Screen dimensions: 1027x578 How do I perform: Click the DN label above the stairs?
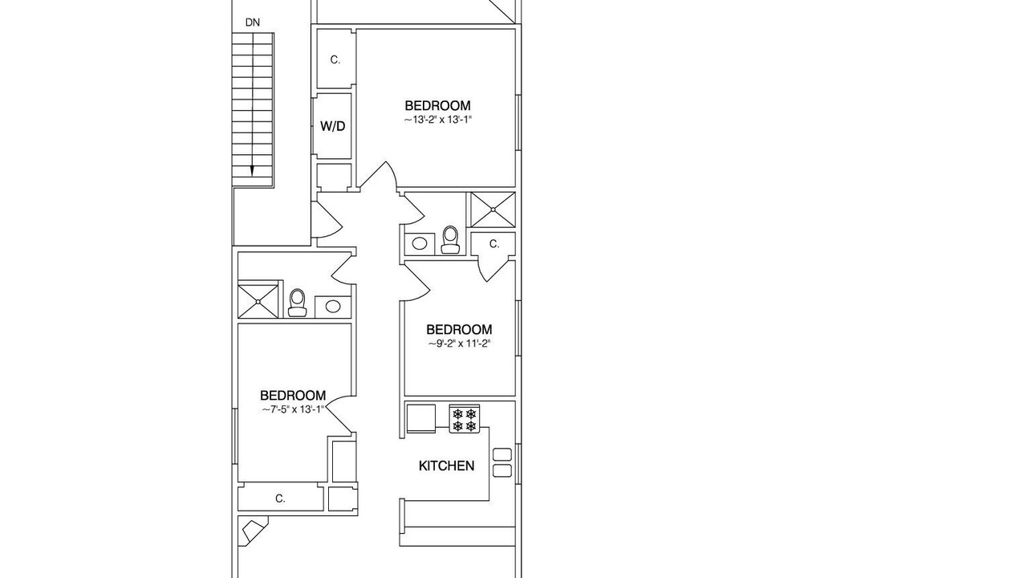(x=253, y=22)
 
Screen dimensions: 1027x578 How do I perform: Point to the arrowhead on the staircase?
(x=252, y=171)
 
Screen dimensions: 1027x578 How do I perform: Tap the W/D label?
(x=332, y=126)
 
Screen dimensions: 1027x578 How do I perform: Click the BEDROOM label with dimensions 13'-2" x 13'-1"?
(x=437, y=105)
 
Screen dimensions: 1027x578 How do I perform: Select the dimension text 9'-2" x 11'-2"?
(x=460, y=344)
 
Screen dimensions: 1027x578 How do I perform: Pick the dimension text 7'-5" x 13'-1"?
(x=293, y=409)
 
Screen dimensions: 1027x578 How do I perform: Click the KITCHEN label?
(x=447, y=466)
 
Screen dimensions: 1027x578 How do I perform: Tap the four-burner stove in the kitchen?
(x=465, y=419)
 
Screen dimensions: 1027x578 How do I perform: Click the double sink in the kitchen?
(x=502, y=462)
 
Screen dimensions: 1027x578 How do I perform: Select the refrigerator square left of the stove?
(x=421, y=418)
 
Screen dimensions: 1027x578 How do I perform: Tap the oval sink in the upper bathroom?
(x=420, y=243)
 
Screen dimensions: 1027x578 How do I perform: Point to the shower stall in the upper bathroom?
(x=493, y=210)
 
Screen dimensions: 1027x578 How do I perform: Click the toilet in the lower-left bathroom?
(x=297, y=303)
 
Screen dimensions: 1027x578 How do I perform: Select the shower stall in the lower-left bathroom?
(x=258, y=301)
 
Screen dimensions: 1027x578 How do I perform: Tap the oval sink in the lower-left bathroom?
(x=332, y=307)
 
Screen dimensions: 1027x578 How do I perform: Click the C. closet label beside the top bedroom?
(x=335, y=59)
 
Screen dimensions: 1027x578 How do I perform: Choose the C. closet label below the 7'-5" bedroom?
(x=280, y=499)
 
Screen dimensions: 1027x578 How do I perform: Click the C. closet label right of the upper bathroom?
(x=494, y=244)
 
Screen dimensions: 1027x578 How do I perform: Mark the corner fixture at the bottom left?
(x=252, y=531)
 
